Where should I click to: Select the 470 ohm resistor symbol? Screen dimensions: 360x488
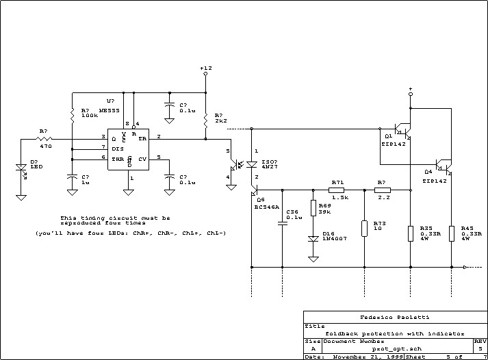click(46, 139)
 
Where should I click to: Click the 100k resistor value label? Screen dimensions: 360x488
click(89, 116)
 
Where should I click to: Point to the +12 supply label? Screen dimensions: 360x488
click(205, 69)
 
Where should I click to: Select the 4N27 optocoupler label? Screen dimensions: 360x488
click(270, 165)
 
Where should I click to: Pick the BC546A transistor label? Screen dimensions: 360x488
click(266, 206)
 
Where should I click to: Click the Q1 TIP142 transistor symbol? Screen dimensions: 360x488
click(402, 129)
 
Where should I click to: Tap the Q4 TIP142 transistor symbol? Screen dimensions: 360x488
click(444, 166)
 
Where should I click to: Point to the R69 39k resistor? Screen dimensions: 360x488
click(313, 209)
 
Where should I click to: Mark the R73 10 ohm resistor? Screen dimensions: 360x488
click(364, 228)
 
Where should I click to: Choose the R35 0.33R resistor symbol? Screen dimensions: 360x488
click(411, 233)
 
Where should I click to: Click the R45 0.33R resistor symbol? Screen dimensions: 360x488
click(452, 233)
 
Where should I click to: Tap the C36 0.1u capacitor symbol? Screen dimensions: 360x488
click(282, 222)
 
